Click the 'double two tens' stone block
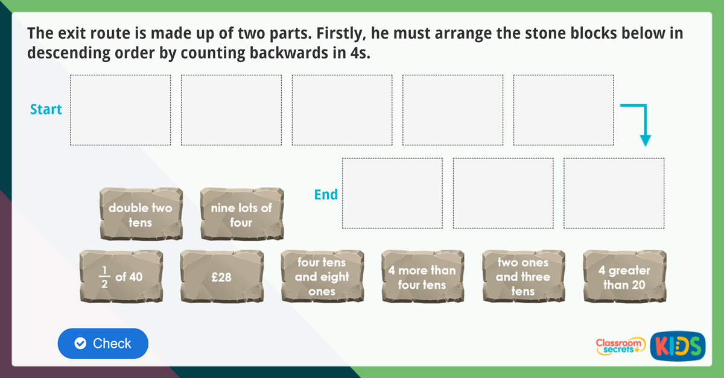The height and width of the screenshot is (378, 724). (141, 215)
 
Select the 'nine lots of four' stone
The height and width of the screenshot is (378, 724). (241, 215)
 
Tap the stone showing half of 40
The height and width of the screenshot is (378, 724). (121, 277)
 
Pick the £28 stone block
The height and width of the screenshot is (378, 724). (221, 277)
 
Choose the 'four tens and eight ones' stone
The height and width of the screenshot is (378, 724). (322, 277)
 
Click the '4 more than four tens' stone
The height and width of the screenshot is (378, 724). (422, 277)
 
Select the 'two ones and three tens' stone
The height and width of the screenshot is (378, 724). (523, 277)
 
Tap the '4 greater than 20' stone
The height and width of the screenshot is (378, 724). (624, 277)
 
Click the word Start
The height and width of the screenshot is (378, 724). (46, 110)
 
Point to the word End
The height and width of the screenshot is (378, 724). (326, 195)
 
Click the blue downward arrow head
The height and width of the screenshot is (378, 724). (645, 140)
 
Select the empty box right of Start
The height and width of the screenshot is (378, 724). (121, 110)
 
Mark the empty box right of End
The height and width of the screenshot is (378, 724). (392, 194)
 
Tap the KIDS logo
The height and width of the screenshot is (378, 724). (678, 346)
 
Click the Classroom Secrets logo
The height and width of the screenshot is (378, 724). (620, 345)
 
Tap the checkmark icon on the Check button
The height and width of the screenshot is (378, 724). (80, 344)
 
